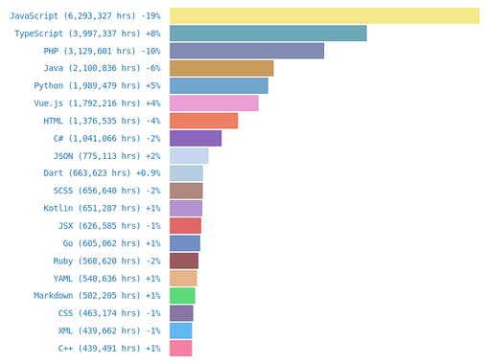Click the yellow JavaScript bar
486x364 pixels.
324,16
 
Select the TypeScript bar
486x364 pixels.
267,34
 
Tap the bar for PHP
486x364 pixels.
246,51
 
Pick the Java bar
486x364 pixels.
221,68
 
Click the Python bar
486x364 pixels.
219,85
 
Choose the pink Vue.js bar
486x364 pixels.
214,103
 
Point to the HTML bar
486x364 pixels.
203,121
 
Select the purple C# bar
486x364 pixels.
196,138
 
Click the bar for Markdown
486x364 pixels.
182,295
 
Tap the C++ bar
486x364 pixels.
180,348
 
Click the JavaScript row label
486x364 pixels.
85,16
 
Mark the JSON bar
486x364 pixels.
189,155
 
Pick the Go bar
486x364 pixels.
184,243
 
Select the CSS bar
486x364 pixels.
181,313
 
